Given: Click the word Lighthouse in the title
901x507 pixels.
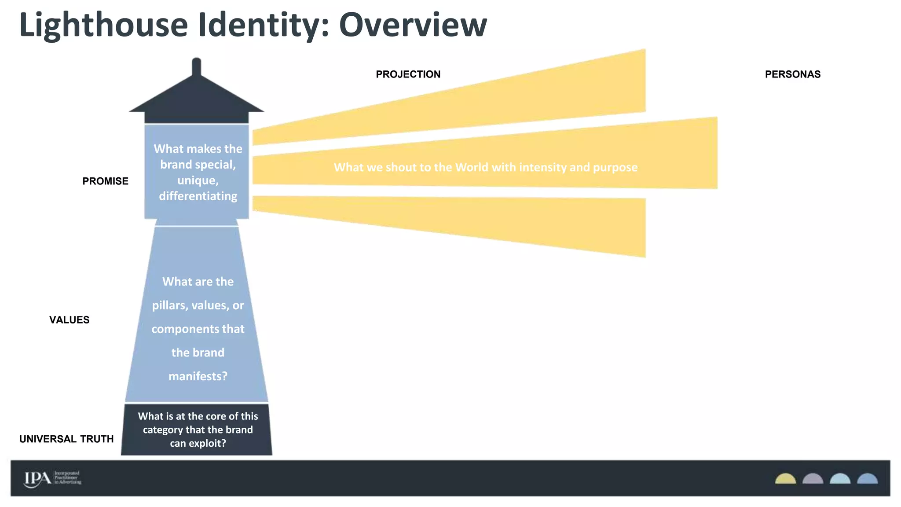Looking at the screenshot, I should tap(104, 26).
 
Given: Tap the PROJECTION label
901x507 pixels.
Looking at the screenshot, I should tap(408, 74).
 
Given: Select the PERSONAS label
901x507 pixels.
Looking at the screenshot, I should tap(792, 74).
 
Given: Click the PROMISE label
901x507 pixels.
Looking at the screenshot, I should tap(105, 181).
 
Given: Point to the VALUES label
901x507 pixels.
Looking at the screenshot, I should tap(69, 320).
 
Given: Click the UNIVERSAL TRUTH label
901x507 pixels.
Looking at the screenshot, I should tap(66, 439).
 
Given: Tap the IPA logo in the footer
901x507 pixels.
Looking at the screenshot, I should tap(38, 478).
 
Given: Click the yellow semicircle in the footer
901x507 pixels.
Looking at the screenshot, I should tap(785, 479).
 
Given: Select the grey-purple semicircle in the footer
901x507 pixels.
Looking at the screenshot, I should tap(813, 479).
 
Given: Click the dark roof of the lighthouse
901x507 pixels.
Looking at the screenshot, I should tap(196, 99).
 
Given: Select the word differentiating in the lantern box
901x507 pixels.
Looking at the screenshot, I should tap(198, 196).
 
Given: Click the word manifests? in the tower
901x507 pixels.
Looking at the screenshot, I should tap(198, 376).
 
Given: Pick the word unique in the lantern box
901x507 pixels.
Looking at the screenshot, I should tap(197, 180).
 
